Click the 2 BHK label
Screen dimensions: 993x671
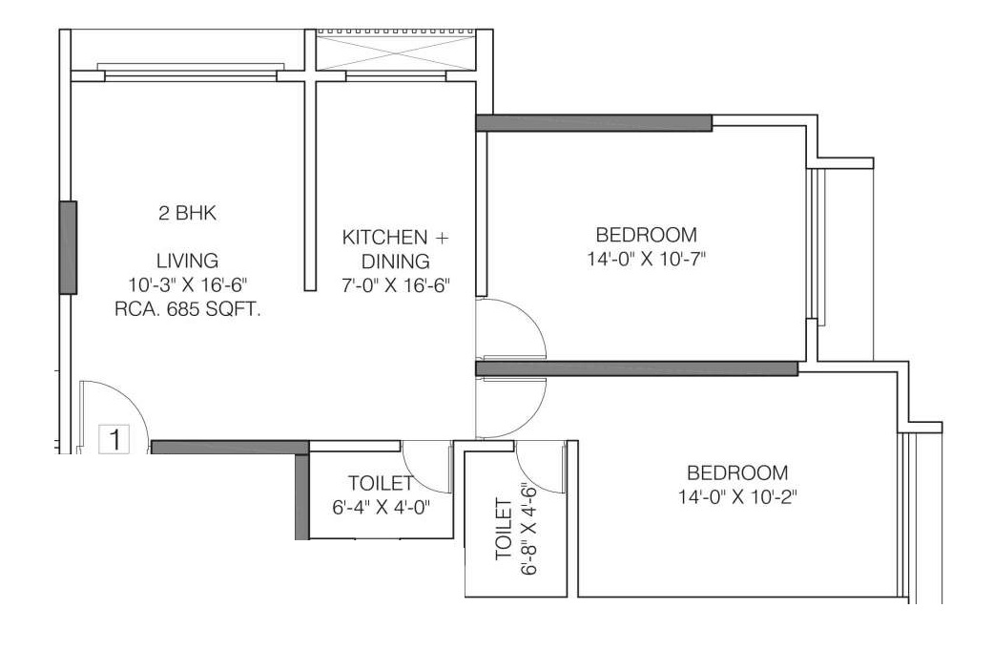188,213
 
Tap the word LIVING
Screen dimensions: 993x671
188,261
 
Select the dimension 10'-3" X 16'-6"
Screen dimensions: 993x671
188,285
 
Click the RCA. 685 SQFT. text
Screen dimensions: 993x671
188,309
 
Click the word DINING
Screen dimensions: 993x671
396,261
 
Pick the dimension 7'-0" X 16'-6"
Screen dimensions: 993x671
396,285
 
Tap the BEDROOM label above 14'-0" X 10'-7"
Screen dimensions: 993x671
647,235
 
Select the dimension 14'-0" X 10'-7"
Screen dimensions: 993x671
647,260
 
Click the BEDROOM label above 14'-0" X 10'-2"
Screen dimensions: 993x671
737,472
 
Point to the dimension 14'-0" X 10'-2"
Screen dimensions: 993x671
737,496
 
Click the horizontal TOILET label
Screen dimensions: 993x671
381,484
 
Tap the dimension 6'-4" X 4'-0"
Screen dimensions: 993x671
382,507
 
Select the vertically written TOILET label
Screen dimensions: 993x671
504,529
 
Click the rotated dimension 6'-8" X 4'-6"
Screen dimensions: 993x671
528,529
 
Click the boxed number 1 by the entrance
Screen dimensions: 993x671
114,439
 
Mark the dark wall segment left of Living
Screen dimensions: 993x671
69,248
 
